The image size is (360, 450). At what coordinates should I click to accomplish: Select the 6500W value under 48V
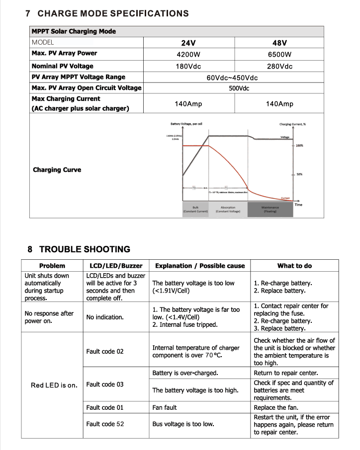point(279,54)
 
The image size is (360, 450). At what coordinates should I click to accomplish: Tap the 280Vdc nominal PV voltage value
point(279,66)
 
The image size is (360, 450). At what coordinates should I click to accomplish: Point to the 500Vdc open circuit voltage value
point(239,88)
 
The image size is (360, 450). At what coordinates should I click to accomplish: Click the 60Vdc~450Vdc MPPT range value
point(232,77)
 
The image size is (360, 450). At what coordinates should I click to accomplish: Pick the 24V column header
point(188,43)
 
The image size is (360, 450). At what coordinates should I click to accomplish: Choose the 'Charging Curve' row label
point(57,170)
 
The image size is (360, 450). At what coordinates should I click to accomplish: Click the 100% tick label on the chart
point(299,146)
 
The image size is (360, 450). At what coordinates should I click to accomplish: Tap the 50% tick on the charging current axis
point(299,174)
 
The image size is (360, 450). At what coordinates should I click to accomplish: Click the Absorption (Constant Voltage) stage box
point(228,209)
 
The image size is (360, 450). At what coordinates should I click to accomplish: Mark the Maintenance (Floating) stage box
point(270,209)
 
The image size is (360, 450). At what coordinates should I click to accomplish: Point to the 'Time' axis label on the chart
point(298,204)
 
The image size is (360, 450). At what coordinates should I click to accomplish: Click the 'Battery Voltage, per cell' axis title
point(186,124)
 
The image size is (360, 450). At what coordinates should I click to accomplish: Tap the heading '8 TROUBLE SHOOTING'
point(80,249)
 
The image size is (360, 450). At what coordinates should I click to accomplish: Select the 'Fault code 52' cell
point(105,424)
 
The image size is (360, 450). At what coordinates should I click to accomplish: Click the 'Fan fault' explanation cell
point(165,408)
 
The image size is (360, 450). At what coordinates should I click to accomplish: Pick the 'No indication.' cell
point(105,317)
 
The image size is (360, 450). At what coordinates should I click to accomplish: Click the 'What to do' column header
point(294,266)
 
